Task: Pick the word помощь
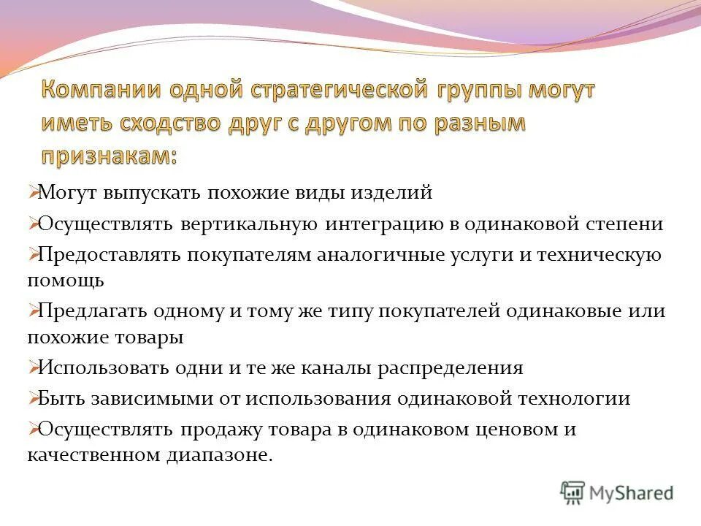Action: [66, 279]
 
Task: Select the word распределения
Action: [450, 367]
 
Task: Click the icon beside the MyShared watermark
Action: [573, 493]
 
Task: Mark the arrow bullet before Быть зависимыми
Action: [33, 399]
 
